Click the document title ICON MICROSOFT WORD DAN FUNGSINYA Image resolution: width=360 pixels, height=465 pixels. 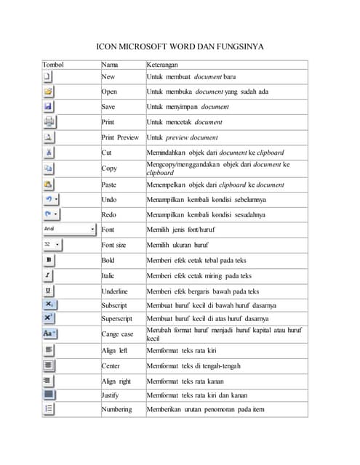(180, 47)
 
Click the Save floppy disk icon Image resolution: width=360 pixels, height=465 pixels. (49, 107)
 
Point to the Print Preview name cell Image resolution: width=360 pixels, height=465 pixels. (120, 137)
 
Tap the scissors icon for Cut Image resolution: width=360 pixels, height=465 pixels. (49, 153)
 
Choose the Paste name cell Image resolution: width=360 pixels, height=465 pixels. (109, 185)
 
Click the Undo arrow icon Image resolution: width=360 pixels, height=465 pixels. (48, 199)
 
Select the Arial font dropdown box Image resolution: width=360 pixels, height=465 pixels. (69, 229)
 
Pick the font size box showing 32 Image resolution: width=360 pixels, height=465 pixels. (53, 245)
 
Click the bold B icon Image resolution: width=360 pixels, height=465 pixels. (49, 259)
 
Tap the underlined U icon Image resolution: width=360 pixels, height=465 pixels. (49, 291)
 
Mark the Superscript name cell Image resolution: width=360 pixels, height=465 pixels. (118, 318)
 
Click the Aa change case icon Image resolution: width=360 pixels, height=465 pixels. (50, 333)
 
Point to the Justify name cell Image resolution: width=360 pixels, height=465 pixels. (111, 395)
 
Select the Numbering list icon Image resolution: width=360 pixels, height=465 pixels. (49, 409)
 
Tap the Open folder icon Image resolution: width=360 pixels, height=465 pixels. (49, 92)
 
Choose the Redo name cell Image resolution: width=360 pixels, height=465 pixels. (109, 214)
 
